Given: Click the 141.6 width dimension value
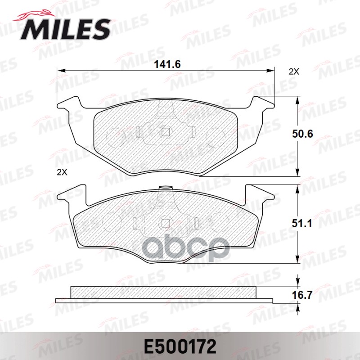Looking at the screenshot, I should (x=167, y=64).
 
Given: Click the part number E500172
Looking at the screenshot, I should (x=180, y=346).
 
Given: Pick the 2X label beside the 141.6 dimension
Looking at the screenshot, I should (x=293, y=72).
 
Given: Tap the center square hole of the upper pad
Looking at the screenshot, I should (x=166, y=132).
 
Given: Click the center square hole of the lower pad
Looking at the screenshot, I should (x=165, y=222).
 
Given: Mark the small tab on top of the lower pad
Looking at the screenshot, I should (x=166, y=187).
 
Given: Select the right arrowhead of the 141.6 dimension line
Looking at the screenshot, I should (x=271, y=70).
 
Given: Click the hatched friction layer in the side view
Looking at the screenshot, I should (x=164, y=292).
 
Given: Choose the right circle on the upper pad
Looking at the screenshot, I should (x=215, y=135).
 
